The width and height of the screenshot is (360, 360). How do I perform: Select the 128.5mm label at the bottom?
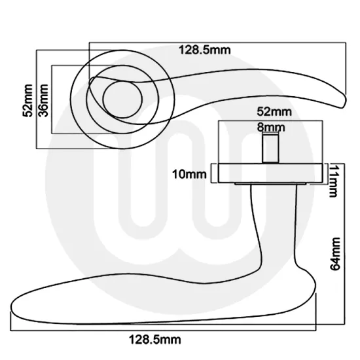(154, 339)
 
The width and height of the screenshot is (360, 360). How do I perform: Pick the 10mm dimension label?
(190, 174)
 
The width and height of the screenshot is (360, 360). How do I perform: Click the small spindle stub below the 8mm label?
(270, 147)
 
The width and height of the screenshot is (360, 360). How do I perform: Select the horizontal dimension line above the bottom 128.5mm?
(164, 328)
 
